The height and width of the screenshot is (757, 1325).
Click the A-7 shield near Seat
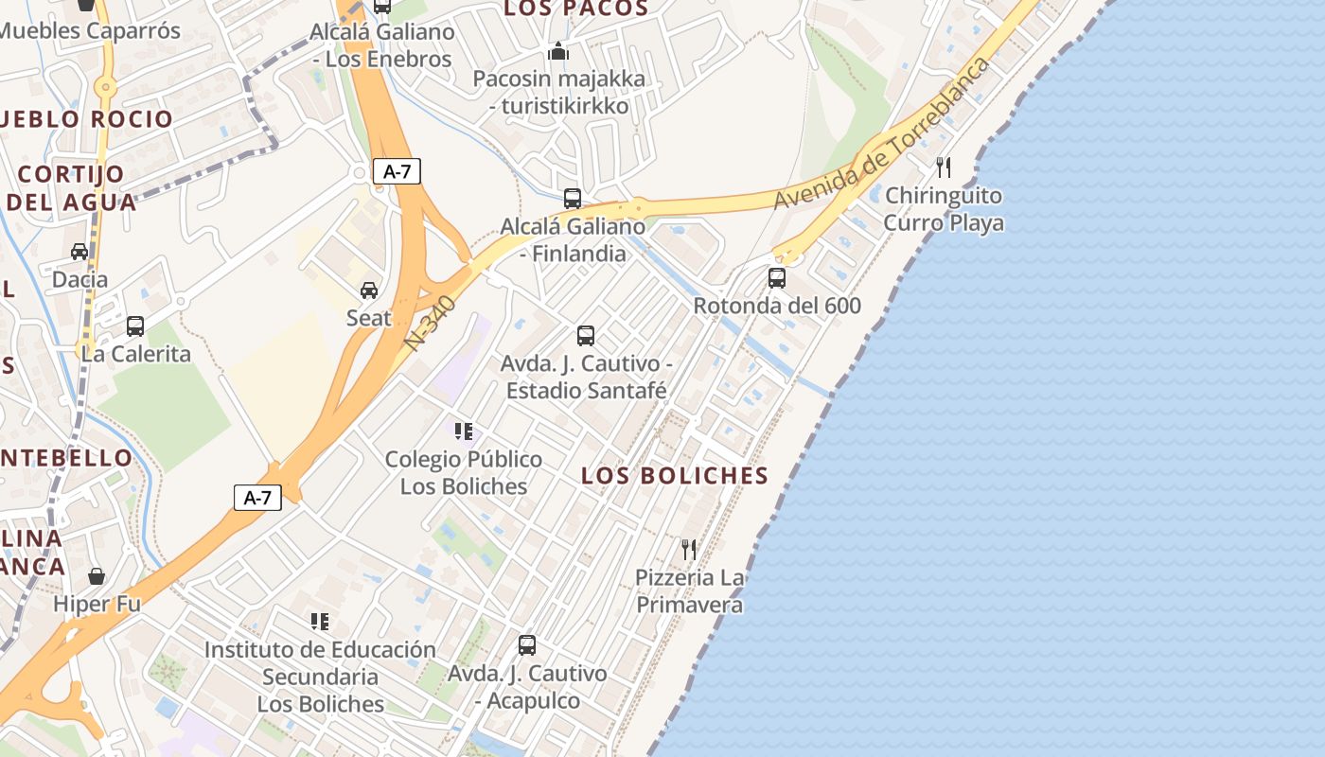pos(397,171)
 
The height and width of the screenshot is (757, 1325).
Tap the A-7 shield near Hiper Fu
pos(257,498)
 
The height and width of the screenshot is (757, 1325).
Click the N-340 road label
pos(431,324)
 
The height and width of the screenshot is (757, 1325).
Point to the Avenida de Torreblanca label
pos(882,134)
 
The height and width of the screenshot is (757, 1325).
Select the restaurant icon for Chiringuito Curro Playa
pos(943,167)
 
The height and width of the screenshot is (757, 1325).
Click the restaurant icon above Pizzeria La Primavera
pos(689,549)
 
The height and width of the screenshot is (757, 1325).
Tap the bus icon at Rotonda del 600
pos(777,278)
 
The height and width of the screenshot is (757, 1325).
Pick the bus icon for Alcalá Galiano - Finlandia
pos(573,199)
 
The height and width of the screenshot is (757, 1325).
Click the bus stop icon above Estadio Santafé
pos(586,336)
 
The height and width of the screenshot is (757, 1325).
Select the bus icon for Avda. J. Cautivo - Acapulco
pos(527,645)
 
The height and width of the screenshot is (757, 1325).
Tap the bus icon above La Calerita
pos(135,326)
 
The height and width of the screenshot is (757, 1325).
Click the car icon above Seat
pos(369,290)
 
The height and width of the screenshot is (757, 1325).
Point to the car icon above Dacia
pos(79,252)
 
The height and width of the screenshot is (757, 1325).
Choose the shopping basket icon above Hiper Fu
pos(97,576)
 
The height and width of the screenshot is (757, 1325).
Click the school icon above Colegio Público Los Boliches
pos(464,431)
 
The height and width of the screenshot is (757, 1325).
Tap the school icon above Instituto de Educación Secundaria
pos(320,622)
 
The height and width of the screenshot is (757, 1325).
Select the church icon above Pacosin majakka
pos(558,51)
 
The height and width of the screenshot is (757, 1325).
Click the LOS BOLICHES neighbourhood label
pos(675,475)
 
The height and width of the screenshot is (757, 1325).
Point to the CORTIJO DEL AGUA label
pos(71,187)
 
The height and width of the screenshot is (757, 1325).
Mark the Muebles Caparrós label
pos(90,30)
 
